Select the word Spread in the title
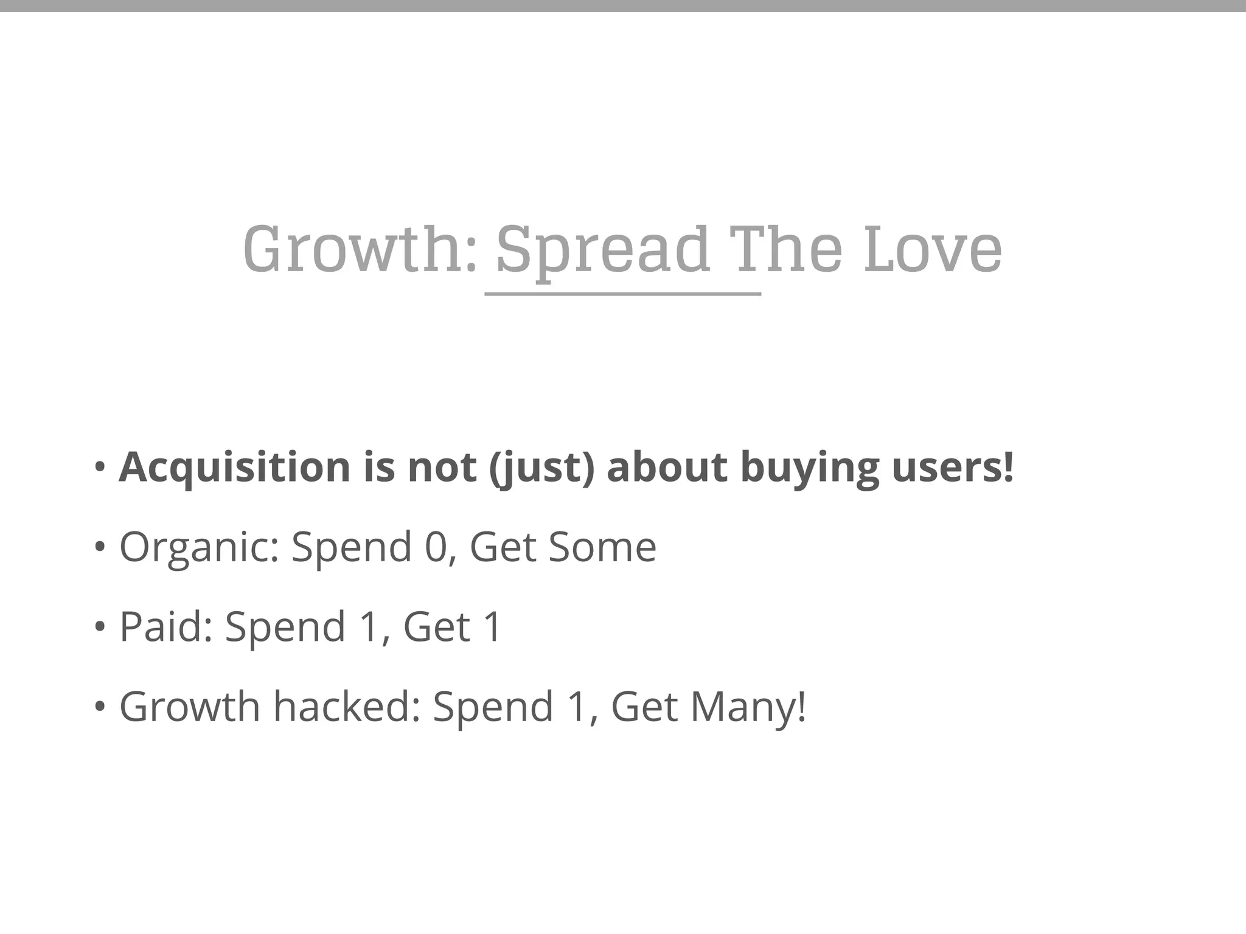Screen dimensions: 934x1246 [x=602, y=250]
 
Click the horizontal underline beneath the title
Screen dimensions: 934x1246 [x=622, y=294]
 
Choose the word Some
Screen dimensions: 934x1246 [x=602, y=547]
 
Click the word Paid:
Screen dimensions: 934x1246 [x=165, y=626]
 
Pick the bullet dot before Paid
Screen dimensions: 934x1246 [x=100, y=627]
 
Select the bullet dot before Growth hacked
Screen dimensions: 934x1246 [x=100, y=707]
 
